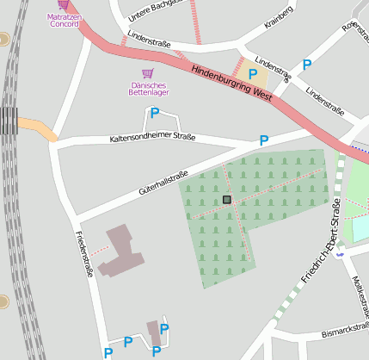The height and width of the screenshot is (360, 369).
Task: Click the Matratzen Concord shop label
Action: pos(64,20)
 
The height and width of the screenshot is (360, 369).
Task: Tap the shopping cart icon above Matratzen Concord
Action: pos(64,4)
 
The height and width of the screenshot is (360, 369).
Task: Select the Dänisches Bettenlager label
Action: pos(149,88)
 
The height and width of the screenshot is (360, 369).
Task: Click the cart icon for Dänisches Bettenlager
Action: pos(148,74)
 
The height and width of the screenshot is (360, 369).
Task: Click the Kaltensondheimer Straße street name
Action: pos(152,138)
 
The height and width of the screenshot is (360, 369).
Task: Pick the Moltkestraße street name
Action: pos(361,297)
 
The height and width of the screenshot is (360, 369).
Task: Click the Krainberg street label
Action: pos(279,14)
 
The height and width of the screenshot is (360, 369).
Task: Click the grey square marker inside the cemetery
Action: pos(227,200)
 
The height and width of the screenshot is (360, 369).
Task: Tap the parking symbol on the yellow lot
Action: pos(253,75)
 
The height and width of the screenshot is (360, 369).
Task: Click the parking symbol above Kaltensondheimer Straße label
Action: pos(155,113)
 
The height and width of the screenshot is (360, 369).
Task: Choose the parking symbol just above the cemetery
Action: pos(264,140)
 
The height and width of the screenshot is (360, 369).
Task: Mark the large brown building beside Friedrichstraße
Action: pos(116,251)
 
